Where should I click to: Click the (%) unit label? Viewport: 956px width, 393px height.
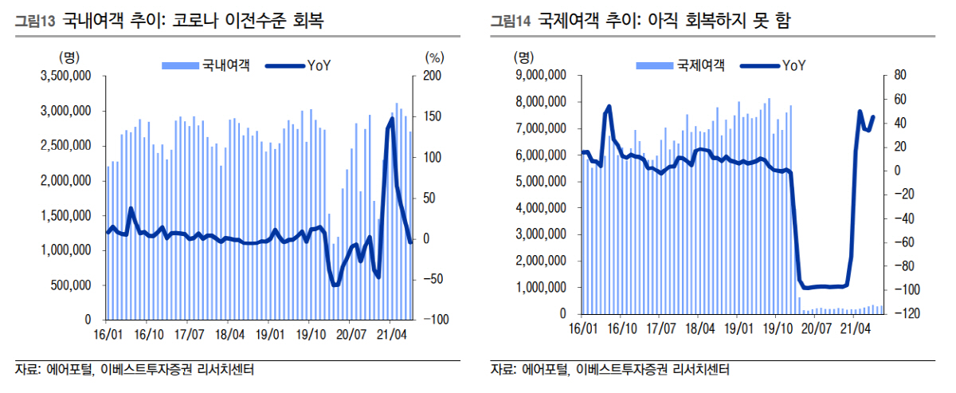click(434, 57)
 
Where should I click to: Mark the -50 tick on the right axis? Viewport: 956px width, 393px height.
click(433, 279)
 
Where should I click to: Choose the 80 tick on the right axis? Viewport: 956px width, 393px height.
click(901, 75)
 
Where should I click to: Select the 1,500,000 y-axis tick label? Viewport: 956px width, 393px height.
click(67, 215)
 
